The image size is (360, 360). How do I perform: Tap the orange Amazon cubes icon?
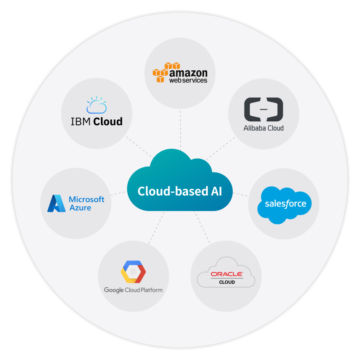click(x=165, y=72)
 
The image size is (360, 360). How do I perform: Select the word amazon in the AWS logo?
click(x=188, y=71)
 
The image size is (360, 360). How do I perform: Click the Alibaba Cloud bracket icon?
click(x=263, y=109)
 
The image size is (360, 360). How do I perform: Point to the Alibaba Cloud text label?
click(x=263, y=128)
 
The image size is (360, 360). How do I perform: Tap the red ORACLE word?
click(x=226, y=274)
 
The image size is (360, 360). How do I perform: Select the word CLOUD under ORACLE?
click(x=227, y=282)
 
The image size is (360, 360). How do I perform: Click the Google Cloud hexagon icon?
click(x=133, y=272)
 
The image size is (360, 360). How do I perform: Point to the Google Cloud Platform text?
click(x=133, y=290)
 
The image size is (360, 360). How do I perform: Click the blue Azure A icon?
click(x=56, y=203)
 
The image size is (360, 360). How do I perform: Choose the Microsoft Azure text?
click(x=86, y=203)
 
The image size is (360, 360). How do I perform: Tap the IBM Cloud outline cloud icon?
click(x=96, y=105)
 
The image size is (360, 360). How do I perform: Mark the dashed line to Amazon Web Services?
click(x=180, y=130)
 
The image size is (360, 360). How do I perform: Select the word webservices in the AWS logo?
click(x=188, y=80)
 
